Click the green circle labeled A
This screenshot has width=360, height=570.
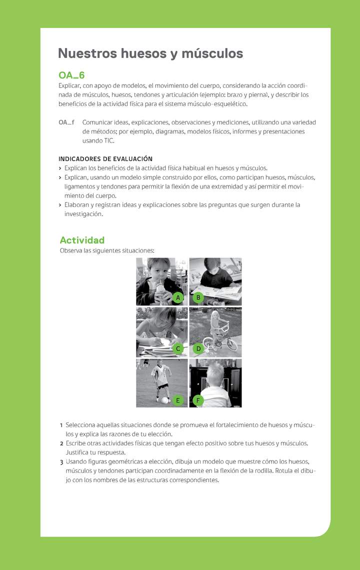click(x=177, y=298)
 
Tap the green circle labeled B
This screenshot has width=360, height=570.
click(x=198, y=298)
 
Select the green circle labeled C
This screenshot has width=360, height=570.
click(x=177, y=348)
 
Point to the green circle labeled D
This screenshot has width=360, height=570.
click(x=198, y=348)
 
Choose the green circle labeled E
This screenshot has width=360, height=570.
click(x=177, y=400)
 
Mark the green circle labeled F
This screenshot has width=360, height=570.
click(x=198, y=400)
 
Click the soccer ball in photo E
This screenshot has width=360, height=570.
click(x=163, y=399)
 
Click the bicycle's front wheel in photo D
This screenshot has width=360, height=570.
click(x=231, y=345)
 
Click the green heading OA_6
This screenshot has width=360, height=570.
click(x=71, y=75)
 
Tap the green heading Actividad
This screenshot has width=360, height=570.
click(x=82, y=240)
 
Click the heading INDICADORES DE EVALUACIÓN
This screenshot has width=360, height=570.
click(x=105, y=159)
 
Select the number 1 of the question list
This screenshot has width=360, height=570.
click(x=61, y=425)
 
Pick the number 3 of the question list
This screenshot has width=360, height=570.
click(x=61, y=462)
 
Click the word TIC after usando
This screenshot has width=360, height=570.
click(x=109, y=141)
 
